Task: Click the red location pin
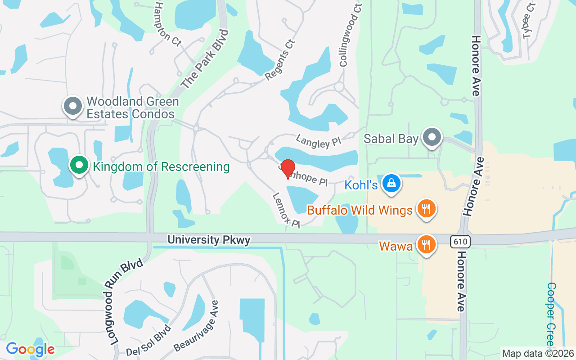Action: (x=288, y=168)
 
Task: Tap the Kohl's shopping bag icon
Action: (x=391, y=184)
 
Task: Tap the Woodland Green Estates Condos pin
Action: (x=72, y=107)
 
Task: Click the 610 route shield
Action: (x=460, y=242)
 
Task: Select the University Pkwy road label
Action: (x=209, y=240)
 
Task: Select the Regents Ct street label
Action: (x=280, y=60)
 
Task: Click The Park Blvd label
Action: (x=205, y=59)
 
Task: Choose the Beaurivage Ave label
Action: (x=196, y=326)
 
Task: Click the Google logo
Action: (x=30, y=349)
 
